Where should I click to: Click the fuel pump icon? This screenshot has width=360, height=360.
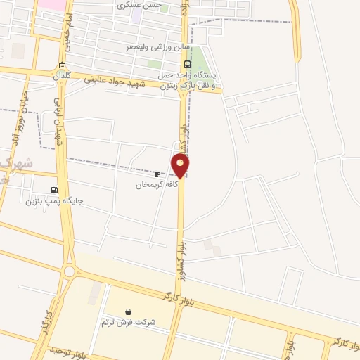55,190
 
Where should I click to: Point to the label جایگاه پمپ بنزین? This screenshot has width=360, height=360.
54,200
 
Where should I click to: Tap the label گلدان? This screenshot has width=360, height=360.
62,76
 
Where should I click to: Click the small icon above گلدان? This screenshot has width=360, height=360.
62,65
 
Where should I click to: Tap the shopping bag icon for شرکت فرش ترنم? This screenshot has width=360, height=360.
128,311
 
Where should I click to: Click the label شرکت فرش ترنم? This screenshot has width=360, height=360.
128,322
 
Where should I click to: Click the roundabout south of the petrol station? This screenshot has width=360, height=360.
70,271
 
